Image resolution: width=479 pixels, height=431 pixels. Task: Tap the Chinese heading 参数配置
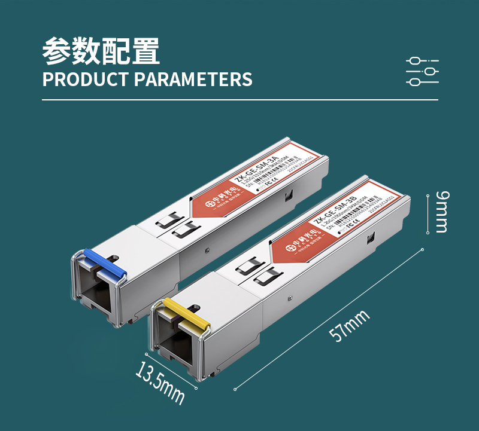[x=101, y=52]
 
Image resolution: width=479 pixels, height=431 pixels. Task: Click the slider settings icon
[x=422, y=71]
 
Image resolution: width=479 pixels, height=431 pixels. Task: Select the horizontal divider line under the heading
[x=239, y=100]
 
